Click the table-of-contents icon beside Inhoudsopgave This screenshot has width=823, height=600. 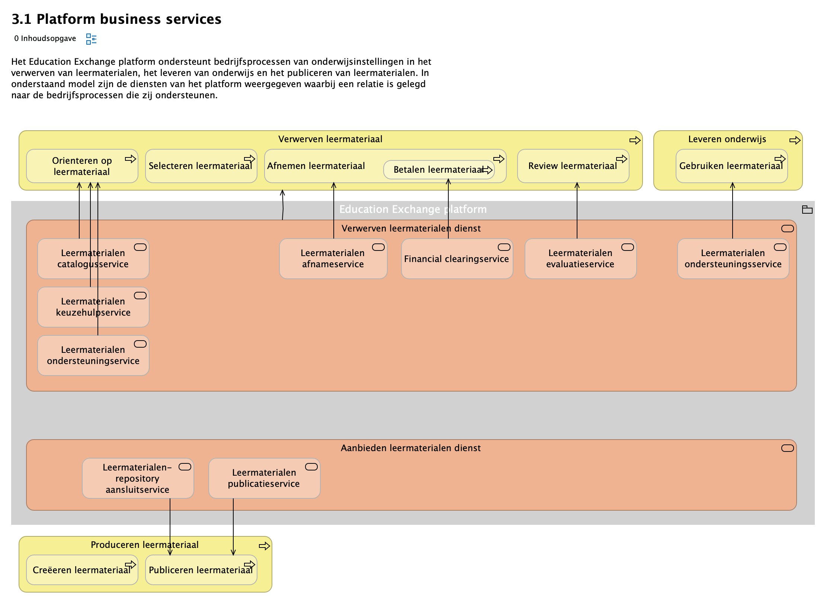pos(91,39)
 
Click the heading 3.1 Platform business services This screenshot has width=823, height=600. pos(116,19)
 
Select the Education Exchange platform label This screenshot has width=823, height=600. pos(413,209)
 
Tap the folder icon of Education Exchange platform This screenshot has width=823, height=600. pos(807,210)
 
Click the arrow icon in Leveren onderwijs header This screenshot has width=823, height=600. pos(794,140)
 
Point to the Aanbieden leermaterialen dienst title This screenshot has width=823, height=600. pos(410,448)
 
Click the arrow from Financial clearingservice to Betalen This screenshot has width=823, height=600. pos(448,208)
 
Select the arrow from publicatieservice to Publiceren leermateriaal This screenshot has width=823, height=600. pos(233,525)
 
